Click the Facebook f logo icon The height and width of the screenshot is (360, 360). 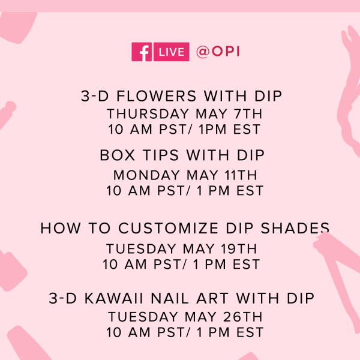point(142,52)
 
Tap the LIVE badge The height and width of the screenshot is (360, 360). point(172,52)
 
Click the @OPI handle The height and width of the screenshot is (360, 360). point(218,52)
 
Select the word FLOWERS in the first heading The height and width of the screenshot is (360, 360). point(157,96)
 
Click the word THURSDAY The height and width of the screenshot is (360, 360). point(148,114)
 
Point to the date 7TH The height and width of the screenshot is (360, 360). point(248,114)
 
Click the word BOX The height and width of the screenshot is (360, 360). point(118,155)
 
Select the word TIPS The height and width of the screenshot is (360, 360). point(161,155)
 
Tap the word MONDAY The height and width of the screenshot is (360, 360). point(146,175)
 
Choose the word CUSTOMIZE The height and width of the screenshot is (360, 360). point(168,228)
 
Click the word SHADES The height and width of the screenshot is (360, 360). point(295,228)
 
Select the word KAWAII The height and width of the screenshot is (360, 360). point(114,298)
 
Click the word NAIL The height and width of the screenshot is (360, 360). point(170,298)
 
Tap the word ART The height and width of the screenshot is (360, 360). point(212,298)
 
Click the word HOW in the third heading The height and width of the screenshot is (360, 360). point(61,228)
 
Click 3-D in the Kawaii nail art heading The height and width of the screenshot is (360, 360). point(62,298)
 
